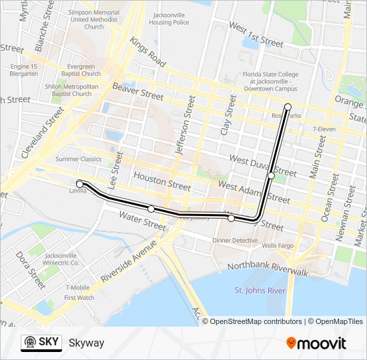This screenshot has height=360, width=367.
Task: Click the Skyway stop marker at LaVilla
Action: tap(79, 183)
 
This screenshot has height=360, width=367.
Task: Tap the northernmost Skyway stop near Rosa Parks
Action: tap(288, 107)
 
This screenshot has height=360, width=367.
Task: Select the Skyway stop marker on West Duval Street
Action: tap(271, 175)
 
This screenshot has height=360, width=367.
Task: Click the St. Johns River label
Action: tap(260, 290)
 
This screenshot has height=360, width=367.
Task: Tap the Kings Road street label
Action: tap(148, 53)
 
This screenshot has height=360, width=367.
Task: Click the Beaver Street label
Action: tap(137, 92)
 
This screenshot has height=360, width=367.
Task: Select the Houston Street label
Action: tap(162, 180)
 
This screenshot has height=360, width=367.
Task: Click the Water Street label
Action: tap(141, 221)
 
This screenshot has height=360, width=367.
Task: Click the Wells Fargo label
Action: tap(278, 246)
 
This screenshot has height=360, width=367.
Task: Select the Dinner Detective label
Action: tap(235, 240)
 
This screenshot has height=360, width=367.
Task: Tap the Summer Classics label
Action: tap(78, 159)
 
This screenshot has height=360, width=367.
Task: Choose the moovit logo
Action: tap(316, 343)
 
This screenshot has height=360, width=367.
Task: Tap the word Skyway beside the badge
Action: tap(87, 343)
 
